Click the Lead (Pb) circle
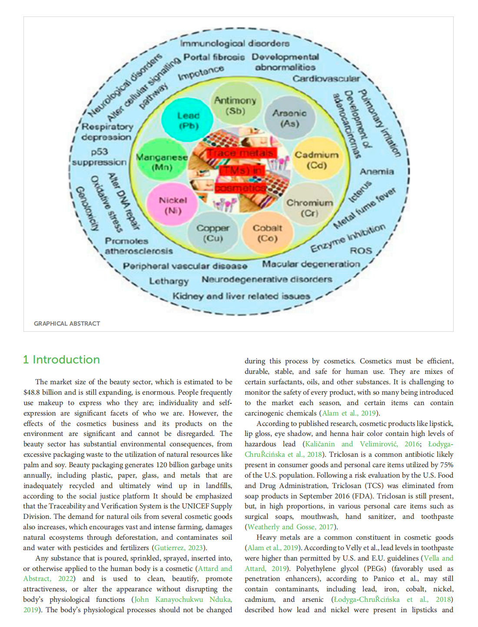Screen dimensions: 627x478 [x=188, y=121]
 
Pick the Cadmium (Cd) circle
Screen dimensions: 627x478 [x=316, y=160]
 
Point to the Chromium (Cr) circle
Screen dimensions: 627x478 [x=309, y=208]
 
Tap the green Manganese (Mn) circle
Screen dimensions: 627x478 [x=162, y=162]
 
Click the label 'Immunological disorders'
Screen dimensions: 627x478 [x=235, y=43]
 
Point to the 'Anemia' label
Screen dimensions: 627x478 [x=377, y=172]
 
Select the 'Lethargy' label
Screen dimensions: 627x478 [x=169, y=281]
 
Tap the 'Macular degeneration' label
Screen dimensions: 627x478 [x=311, y=264]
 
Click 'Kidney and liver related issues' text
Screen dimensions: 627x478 [x=241, y=296]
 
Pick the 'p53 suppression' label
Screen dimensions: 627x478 [x=100, y=157]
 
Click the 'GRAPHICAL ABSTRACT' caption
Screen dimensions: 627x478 [x=67, y=323]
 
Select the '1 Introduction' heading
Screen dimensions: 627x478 [x=61, y=360]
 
